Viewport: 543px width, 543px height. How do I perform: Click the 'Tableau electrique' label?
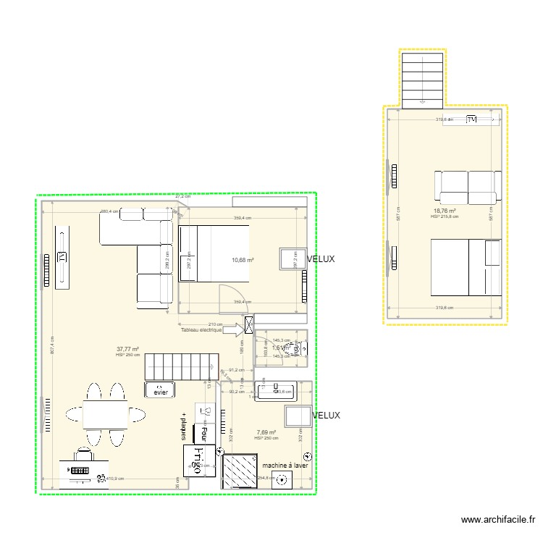(x=202, y=329)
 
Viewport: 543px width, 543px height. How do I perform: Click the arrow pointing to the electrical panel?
(x=233, y=329)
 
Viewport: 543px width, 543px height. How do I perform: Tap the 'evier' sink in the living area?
(x=161, y=392)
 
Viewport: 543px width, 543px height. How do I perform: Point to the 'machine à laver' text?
(x=285, y=466)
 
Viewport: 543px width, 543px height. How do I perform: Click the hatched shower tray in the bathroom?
(x=240, y=473)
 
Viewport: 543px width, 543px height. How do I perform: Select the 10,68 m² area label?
(x=243, y=261)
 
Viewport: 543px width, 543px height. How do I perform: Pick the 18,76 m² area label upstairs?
(x=444, y=211)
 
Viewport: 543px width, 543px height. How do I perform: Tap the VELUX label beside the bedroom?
(x=320, y=259)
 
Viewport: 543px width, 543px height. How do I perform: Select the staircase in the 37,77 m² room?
(x=182, y=366)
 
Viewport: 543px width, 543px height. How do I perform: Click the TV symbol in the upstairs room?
(x=471, y=119)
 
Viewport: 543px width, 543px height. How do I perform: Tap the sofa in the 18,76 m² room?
(x=468, y=186)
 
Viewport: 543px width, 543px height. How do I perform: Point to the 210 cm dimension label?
(x=214, y=324)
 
